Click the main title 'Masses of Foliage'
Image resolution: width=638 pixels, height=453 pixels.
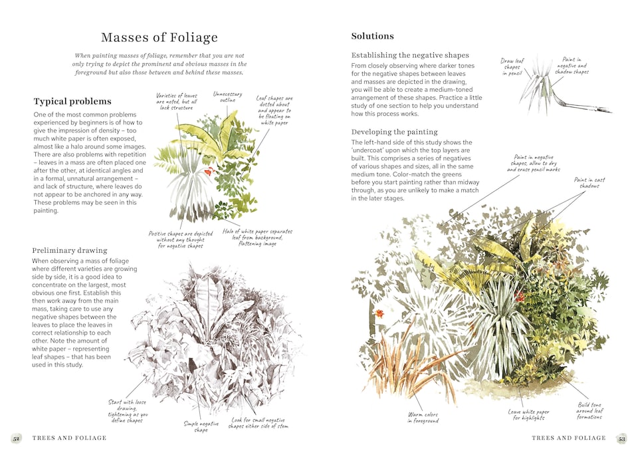[x=159, y=37]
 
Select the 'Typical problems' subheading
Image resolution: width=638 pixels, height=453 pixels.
[x=72, y=101]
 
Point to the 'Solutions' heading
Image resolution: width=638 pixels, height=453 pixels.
[x=372, y=36]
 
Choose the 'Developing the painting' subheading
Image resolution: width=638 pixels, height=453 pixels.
[x=395, y=132]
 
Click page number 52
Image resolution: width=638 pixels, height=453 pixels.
[x=16, y=438]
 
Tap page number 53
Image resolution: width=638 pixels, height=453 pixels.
[x=621, y=438]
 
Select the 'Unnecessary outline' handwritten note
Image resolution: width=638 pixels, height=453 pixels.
[x=227, y=98]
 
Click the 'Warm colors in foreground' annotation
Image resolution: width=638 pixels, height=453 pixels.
[x=423, y=416]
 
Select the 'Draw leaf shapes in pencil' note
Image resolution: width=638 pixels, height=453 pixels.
[x=512, y=67]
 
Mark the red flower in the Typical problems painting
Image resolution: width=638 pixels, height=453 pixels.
[x=208, y=172]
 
